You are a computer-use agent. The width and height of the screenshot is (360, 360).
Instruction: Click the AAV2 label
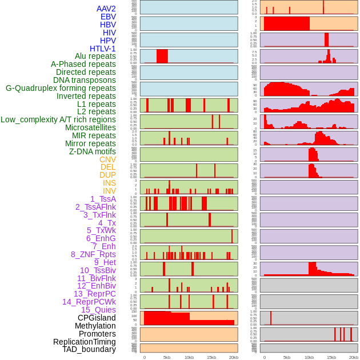(x=106, y=9)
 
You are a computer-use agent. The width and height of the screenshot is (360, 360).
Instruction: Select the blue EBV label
(x=108, y=17)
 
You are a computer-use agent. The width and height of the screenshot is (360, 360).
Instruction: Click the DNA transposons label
(x=85, y=81)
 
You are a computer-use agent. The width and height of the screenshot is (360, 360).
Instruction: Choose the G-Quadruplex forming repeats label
(x=61, y=89)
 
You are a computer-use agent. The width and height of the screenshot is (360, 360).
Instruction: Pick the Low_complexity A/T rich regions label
(x=58, y=119)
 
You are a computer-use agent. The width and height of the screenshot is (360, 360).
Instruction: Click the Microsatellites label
(x=90, y=127)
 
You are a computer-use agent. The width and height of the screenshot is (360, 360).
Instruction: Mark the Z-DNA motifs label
(x=92, y=151)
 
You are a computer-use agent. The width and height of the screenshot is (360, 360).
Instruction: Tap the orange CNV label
(x=107, y=159)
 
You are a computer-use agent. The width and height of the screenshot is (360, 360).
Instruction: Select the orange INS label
(x=109, y=183)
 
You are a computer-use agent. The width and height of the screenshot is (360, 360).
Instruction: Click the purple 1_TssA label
(x=103, y=199)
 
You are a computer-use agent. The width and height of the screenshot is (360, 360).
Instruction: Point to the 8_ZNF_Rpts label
(x=93, y=254)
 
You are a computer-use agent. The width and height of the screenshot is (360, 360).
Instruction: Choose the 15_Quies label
(x=98, y=310)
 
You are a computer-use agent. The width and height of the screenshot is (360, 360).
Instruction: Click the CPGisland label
(x=97, y=318)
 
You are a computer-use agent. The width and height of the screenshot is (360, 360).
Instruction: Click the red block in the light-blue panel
(x=162, y=56)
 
